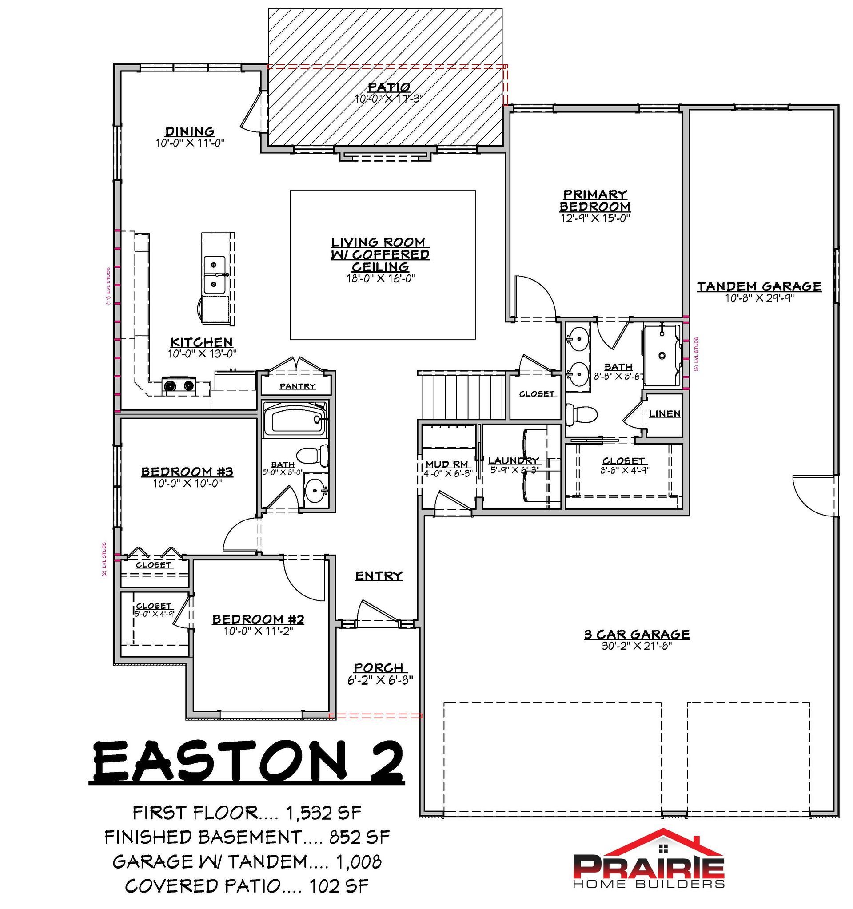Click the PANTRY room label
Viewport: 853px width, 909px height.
tap(298, 386)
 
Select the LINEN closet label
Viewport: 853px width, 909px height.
tap(665, 413)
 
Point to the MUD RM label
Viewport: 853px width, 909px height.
tap(447, 464)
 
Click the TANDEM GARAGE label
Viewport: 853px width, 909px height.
tap(759, 287)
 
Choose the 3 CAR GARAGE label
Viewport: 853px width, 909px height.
tap(637, 634)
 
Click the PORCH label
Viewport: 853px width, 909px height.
tap(379, 667)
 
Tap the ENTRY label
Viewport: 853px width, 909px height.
tap(379, 576)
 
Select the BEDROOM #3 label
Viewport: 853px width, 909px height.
tap(187, 472)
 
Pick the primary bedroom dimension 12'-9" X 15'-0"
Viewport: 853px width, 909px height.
tap(595, 218)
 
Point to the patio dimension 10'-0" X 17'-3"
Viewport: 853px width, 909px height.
tap(389, 98)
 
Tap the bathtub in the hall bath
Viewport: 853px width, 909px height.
tap(295, 419)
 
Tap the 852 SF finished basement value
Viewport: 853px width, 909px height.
tap(359, 837)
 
